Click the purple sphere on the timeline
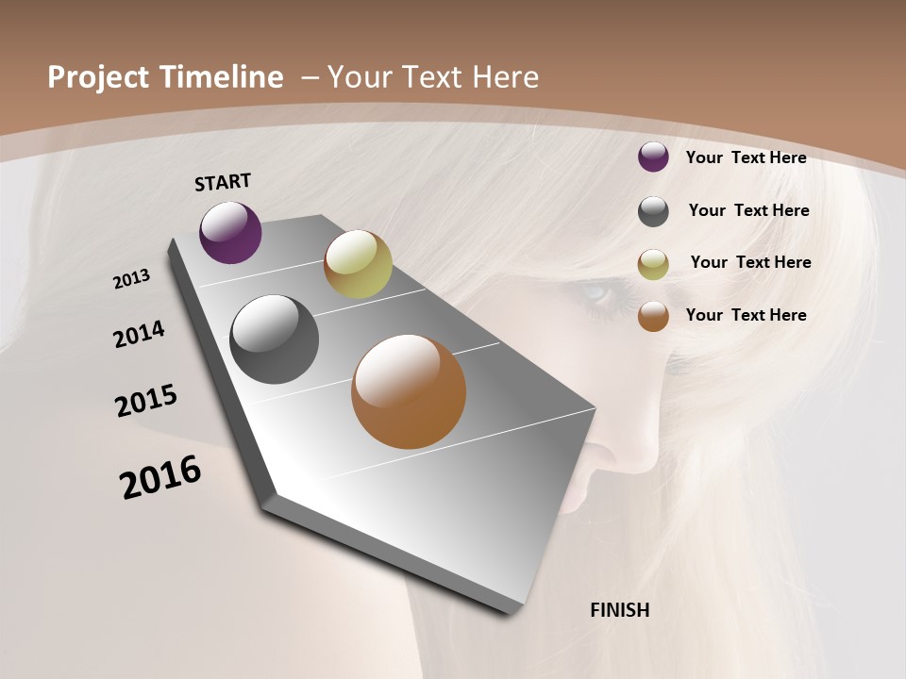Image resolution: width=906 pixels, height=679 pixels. [x=230, y=232]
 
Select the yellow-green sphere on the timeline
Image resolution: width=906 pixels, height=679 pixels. [x=358, y=264]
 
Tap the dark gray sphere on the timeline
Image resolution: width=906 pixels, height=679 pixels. [x=275, y=339]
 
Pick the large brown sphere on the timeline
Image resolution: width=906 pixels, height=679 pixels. [x=409, y=391]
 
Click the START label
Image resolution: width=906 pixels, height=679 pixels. [x=223, y=182]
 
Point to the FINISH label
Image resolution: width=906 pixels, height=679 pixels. [x=619, y=610]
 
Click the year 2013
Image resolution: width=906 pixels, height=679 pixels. [x=131, y=279]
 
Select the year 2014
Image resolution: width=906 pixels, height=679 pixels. [x=139, y=334]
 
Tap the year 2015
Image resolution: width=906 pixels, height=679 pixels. [x=146, y=401]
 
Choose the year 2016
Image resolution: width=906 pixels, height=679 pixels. [x=160, y=477]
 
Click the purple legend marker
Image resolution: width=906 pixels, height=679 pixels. [x=653, y=157]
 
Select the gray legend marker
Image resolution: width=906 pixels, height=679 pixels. [x=653, y=211]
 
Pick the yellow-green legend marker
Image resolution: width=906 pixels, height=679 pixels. [x=653, y=264]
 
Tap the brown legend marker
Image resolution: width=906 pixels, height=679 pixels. [x=653, y=316]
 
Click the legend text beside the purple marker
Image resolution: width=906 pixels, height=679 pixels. [x=746, y=157]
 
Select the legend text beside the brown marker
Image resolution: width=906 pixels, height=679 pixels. [x=746, y=315]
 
